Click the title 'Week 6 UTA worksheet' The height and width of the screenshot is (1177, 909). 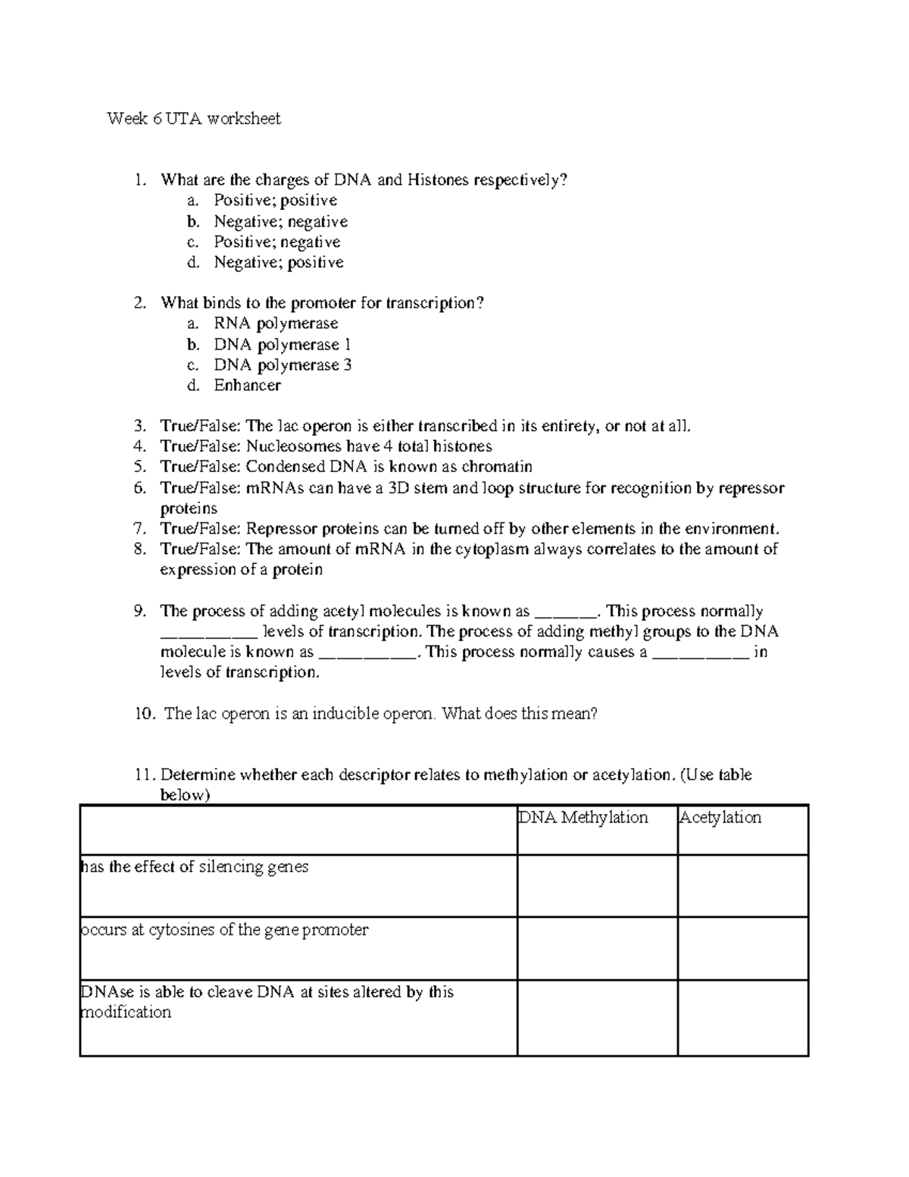pos(194,118)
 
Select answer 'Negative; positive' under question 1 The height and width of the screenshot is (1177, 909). pos(278,262)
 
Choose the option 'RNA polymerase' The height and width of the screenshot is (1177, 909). pos(276,324)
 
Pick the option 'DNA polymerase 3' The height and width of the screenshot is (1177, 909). pos(282,365)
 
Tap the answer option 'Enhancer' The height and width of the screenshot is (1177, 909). pos(247,385)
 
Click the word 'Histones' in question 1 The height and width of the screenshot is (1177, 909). pos(438,180)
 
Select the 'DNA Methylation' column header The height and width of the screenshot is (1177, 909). pos(583,817)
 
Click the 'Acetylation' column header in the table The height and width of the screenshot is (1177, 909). pos(720,817)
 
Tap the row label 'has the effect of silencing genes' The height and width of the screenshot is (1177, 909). pos(195,866)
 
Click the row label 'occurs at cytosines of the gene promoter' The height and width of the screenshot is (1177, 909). pos(224,929)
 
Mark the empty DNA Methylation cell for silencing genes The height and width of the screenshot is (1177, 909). pos(597,886)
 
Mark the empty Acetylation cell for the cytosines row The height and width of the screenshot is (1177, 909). pos(742,948)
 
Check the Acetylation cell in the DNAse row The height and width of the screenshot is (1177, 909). pos(742,1017)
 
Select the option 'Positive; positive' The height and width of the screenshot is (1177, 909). pos(275,200)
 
